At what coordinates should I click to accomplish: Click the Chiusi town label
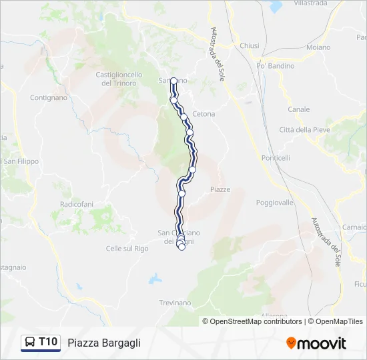[x=249, y=45]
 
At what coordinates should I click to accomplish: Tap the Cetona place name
[x=204, y=114]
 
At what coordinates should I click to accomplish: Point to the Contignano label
[x=49, y=97]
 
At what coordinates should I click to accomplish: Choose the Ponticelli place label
[x=276, y=158]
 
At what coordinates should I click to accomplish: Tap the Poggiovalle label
[x=275, y=202]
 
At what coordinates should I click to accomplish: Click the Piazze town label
[x=220, y=189]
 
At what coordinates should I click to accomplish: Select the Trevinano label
[x=175, y=303]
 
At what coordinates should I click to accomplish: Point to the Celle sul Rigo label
[x=127, y=249]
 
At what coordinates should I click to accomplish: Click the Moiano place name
[x=318, y=47]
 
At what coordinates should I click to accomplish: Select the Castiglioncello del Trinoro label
[x=119, y=79]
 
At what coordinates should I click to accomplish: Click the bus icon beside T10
[x=30, y=343]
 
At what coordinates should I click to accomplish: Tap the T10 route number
[x=48, y=342]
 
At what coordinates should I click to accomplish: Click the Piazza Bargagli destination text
[x=104, y=343]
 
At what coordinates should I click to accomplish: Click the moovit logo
[x=316, y=343]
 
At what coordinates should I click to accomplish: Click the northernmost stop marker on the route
[x=173, y=81]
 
